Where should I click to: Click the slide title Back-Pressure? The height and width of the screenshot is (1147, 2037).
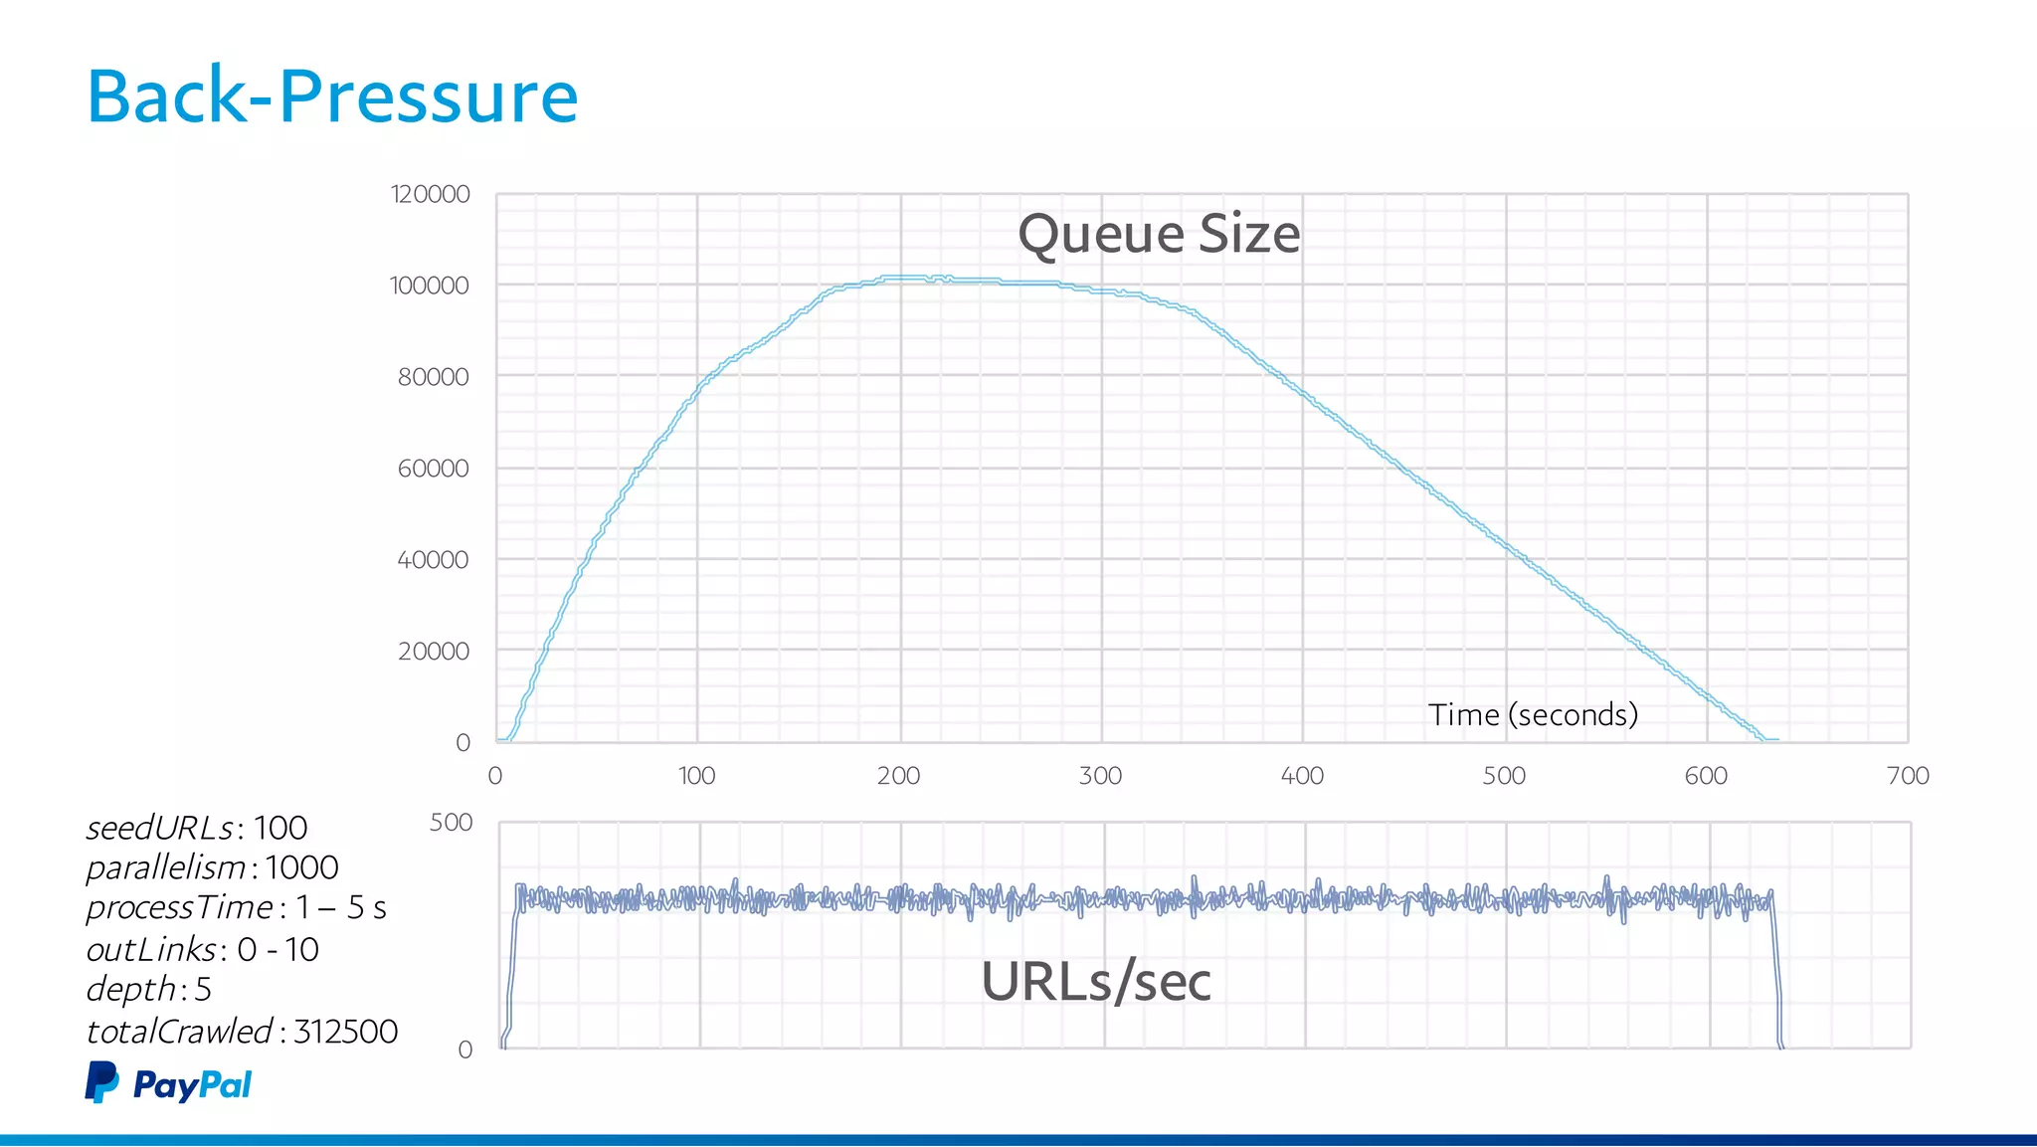[332, 96]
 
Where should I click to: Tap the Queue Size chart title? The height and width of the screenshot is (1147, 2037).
[1159, 235]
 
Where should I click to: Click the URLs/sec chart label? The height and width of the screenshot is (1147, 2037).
[1096, 982]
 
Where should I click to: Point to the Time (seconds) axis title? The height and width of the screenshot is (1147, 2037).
[1533, 714]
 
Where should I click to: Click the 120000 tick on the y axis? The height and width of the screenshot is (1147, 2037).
[430, 194]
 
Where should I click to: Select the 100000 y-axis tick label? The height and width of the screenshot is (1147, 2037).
[430, 286]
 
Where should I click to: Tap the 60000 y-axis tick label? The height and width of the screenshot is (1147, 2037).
[433, 469]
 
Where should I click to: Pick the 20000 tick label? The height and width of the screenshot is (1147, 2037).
[433, 652]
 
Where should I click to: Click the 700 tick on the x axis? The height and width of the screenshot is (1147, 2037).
[1908, 776]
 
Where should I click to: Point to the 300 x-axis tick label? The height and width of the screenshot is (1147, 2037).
[1100, 776]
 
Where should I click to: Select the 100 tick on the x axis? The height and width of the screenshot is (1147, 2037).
[696, 776]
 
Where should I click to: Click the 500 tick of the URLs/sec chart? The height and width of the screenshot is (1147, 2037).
[451, 823]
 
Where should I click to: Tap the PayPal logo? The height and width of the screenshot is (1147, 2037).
[168, 1083]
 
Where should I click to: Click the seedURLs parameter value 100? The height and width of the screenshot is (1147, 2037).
[280, 828]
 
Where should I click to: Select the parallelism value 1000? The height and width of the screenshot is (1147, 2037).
[301, 867]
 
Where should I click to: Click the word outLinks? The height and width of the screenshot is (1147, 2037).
[151, 950]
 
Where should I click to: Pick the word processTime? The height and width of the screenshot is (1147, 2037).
[179, 908]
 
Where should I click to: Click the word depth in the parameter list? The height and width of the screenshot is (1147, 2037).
[130, 990]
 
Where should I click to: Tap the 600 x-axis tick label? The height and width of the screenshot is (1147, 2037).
[1706, 776]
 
